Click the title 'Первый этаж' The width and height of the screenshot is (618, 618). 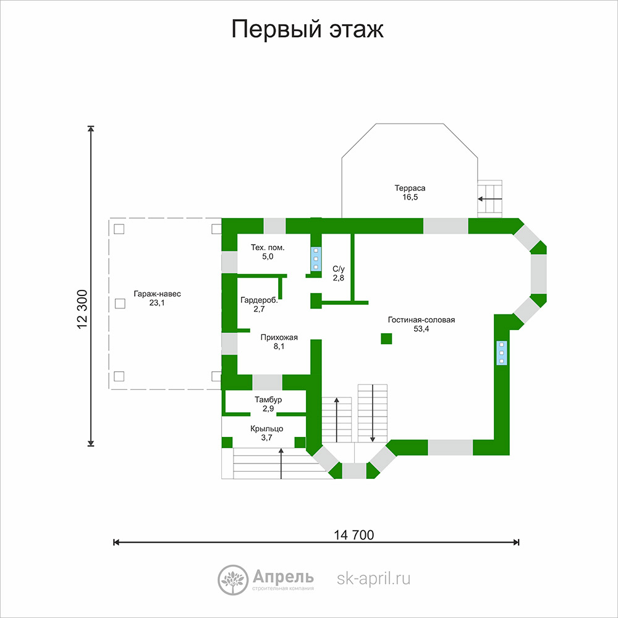[307, 29]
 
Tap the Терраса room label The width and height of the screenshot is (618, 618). [410, 188]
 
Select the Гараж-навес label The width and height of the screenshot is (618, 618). [157, 294]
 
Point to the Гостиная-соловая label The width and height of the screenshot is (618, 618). [421, 320]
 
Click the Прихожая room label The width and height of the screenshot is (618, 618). [279, 337]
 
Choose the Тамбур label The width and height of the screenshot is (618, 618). [268, 400]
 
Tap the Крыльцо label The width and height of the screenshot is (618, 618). [267, 429]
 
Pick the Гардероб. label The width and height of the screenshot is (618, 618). [259, 300]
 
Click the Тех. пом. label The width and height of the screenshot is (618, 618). [268, 248]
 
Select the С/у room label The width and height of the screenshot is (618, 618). [339, 269]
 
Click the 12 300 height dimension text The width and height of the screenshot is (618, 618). [82, 310]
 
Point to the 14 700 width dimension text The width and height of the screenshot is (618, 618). [354, 535]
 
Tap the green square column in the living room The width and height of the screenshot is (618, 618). [386, 339]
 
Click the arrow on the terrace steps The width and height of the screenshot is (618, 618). [489, 199]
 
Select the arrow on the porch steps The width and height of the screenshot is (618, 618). [281, 463]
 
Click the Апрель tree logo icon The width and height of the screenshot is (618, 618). [232, 580]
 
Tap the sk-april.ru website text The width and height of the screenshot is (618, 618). [374, 578]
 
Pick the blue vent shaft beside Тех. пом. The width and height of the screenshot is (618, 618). [316, 259]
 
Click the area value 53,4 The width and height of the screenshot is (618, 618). [421, 329]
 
